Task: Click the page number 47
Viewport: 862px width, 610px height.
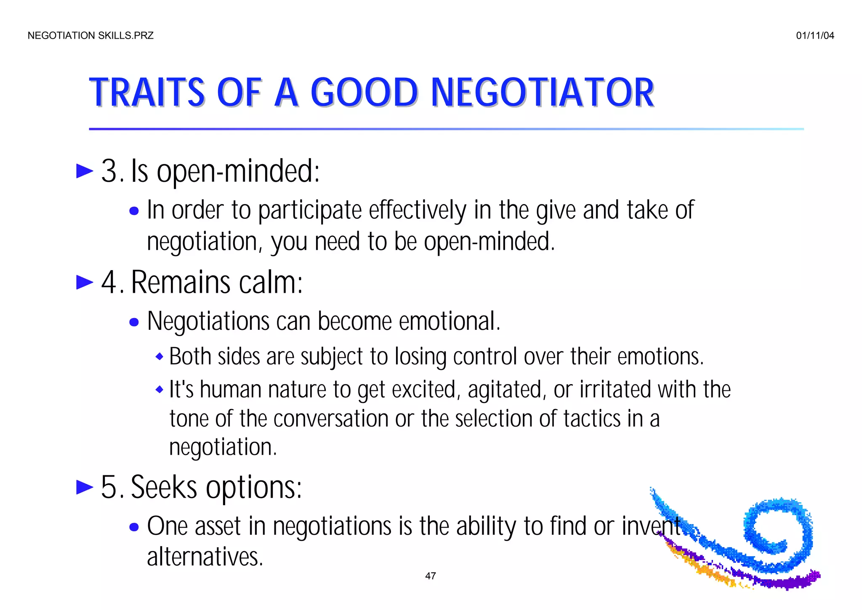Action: [x=431, y=576]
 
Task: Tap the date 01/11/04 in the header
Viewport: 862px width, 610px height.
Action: [x=815, y=36]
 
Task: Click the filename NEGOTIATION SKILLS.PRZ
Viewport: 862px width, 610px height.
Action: [x=90, y=36]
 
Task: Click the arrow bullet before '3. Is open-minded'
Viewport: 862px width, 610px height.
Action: [x=85, y=171]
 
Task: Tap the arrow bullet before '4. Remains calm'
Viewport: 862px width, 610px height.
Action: [x=85, y=282]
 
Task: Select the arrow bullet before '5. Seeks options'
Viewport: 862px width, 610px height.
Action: [x=85, y=488]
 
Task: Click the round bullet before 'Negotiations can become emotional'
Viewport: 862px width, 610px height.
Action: [x=134, y=322]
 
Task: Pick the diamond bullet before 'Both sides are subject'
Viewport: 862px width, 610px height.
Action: [x=159, y=357]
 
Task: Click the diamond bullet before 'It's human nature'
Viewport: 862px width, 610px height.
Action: [x=159, y=390]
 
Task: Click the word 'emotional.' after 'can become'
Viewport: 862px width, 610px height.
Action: [x=449, y=321]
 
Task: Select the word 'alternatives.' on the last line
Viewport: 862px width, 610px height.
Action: [x=205, y=557]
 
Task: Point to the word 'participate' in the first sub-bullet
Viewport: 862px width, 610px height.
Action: [x=310, y=210]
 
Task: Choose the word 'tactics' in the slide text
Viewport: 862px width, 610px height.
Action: [x=592, y=419]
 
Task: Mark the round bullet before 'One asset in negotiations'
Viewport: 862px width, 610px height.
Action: [x=134, y=527]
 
